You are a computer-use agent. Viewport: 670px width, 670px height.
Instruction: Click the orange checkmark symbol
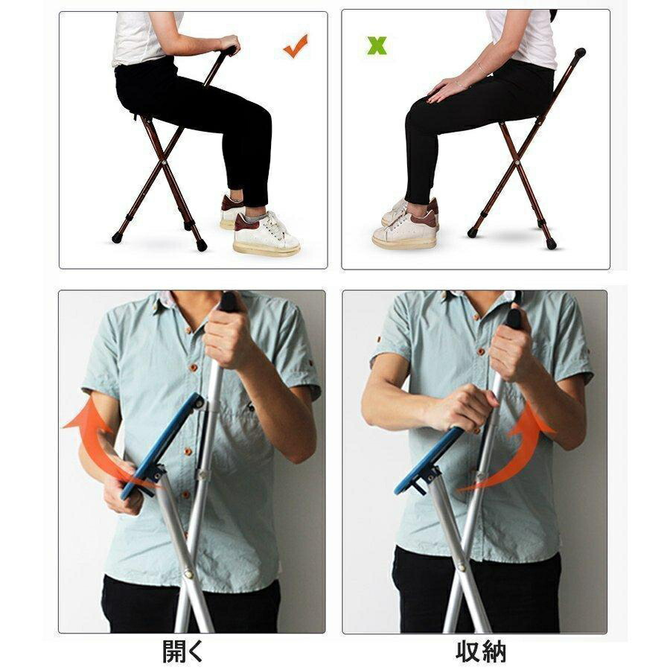click(295, 47)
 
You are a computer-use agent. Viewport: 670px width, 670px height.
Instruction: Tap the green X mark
click(377, 45)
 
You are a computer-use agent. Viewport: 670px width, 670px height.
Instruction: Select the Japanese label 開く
click(182, 651)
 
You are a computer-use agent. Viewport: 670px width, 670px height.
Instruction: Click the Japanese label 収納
click(481, 651)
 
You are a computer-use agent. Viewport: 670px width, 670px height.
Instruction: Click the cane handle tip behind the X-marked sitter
click(580, 53)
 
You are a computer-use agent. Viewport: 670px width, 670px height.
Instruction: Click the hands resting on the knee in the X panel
click(444, 90)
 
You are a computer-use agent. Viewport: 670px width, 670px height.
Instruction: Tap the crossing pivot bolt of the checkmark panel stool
click(164, 162)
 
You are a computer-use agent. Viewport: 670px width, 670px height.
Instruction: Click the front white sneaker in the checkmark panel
click(266, 234)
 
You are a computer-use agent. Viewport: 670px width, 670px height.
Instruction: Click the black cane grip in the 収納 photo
click(514, 317)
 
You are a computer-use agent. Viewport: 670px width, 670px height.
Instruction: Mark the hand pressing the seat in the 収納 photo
click(464, 408)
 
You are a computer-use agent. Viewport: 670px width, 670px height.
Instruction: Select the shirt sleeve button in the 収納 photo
click(379, 339)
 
